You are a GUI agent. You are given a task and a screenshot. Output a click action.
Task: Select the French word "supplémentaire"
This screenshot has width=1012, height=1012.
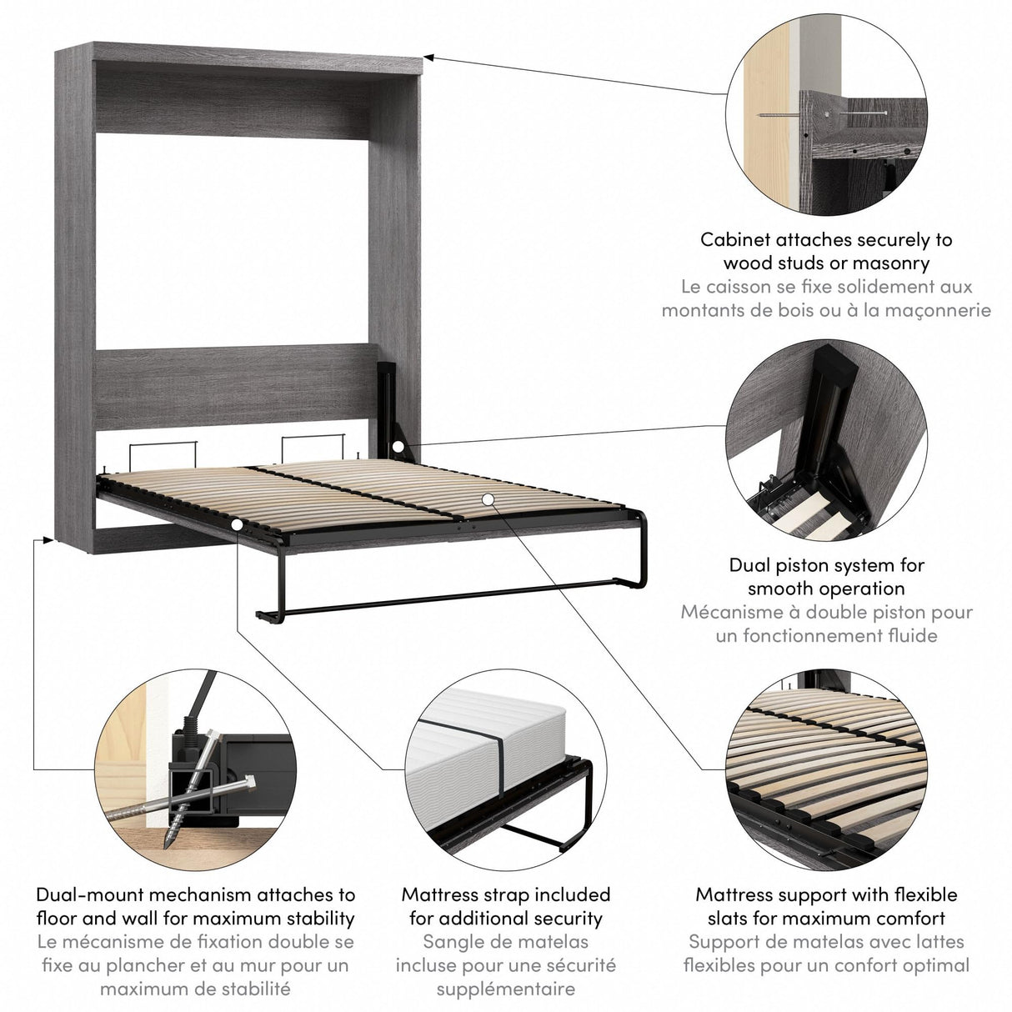[x=506, y=989]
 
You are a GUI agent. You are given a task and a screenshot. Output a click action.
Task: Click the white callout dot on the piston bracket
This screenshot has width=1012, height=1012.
[x=398, y=448]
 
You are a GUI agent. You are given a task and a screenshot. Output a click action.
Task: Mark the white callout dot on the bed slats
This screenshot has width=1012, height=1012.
[x=488, y=498]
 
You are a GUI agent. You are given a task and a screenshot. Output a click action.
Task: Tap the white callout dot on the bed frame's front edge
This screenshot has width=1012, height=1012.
[x=238, y=524]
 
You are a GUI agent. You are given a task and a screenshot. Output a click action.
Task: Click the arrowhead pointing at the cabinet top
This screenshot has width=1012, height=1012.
[x=428, y=58]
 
